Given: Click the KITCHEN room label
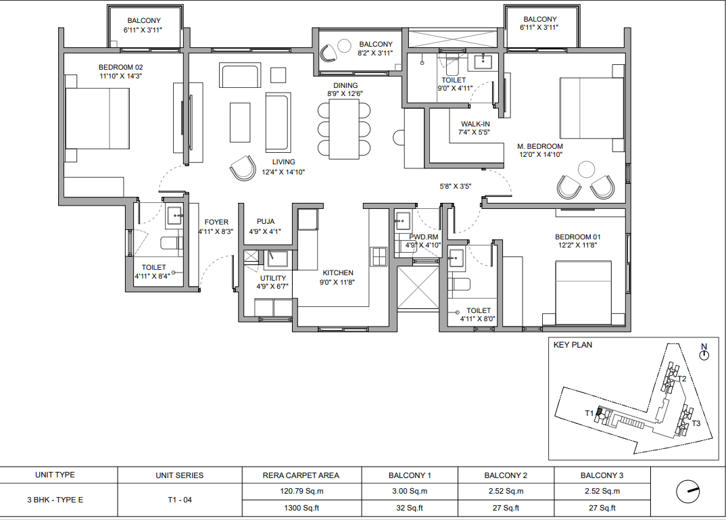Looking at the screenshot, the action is coord(338,273).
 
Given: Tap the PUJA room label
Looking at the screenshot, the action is coord(266,222).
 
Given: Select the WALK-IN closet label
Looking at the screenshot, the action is coord(475,124).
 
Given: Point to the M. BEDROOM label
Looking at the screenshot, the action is coord(540,146).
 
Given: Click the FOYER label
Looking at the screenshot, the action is coord(216,222).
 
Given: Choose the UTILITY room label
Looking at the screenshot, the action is coord(272,278).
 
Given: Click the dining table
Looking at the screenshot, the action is coord(344,129).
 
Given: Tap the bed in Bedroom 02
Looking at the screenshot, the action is coord(97,118).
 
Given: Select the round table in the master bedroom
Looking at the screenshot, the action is coord(586,170).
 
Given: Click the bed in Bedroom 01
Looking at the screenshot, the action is coord(583,293).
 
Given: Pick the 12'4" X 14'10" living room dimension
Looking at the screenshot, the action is coord(283,172).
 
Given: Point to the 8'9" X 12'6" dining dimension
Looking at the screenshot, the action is coord(345,93).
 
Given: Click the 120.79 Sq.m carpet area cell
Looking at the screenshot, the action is coord(301,492).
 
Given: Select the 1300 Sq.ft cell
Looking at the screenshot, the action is coord(301,508).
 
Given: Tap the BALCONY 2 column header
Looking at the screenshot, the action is coord(506,475).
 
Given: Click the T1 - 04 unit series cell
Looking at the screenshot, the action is coord(180,500).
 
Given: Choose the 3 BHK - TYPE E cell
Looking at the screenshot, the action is coord(55,500).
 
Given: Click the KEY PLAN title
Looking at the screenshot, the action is coord(573,345).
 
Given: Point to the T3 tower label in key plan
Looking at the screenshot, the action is coord(696,423).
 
